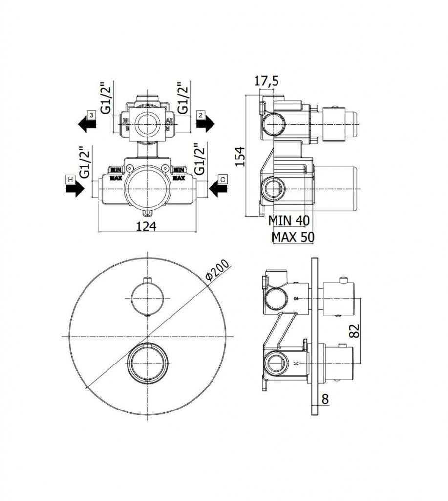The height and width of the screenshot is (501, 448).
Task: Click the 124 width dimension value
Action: tap(146, 226)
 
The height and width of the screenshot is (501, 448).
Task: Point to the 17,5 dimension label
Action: tap(266, 82)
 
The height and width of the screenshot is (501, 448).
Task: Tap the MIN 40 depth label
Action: tap(289, 221)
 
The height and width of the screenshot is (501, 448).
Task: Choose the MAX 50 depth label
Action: tap(293, 237)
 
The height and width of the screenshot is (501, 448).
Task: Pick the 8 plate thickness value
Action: tap(325, 399)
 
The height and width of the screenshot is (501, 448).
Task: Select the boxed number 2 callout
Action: tap(200, 115)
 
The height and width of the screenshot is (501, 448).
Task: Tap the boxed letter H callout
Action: tap(70, 180)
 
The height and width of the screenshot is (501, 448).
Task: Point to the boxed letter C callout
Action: tap(222, 180)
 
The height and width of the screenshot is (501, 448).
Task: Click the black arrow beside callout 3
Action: tap(86, 125)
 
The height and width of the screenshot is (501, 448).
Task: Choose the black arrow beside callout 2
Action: tap(205, 125)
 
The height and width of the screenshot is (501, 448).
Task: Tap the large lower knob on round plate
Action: tap(148, 363)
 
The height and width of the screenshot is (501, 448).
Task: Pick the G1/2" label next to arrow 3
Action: tap(107, 98)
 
